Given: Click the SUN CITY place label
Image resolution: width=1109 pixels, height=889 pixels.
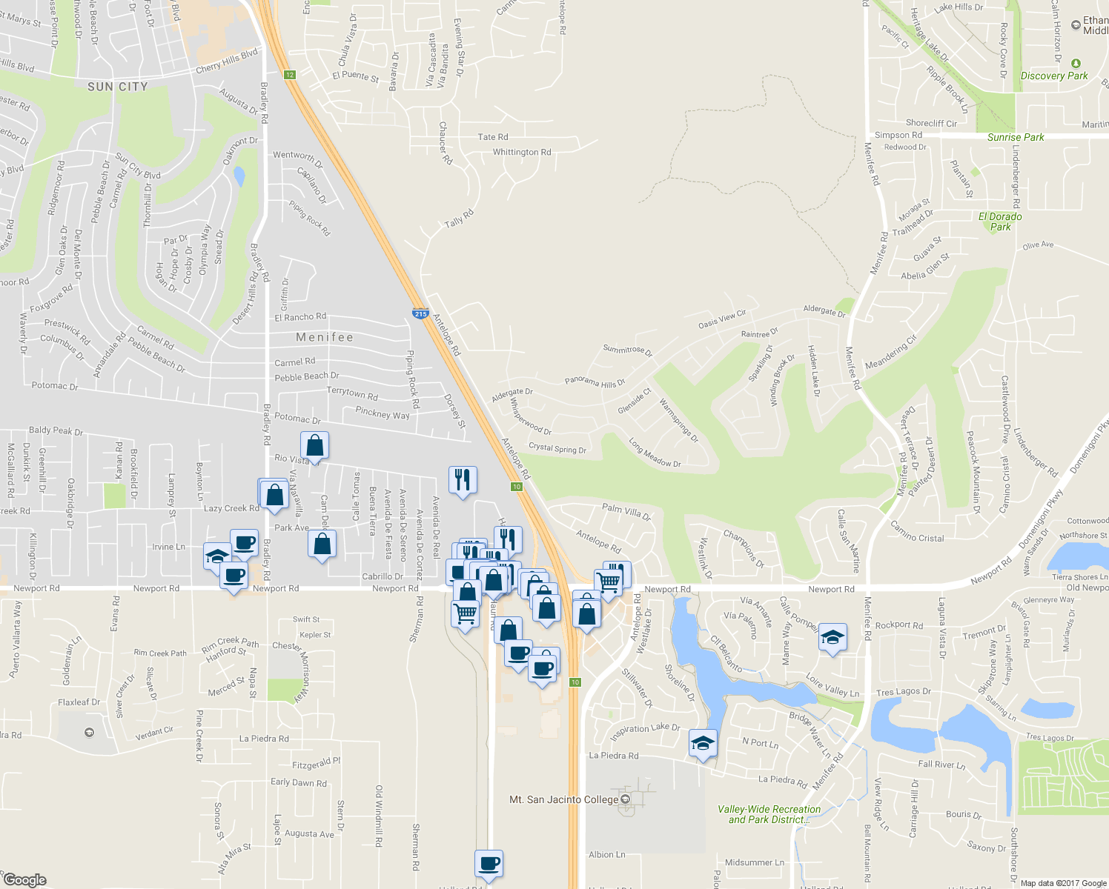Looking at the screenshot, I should coord(117,87).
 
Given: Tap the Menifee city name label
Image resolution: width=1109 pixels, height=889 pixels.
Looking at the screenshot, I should coord(325,337).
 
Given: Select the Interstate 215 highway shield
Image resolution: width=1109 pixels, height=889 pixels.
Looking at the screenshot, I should coord(420,313).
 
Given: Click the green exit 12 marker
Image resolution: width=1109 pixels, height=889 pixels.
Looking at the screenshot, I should coord(289,74).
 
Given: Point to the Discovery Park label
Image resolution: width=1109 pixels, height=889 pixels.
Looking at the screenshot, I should coord(1054,76).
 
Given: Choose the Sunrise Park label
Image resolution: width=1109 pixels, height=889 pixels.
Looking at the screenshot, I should coord(1015,137).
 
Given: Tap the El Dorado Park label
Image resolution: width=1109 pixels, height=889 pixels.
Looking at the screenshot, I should coord(1000,222).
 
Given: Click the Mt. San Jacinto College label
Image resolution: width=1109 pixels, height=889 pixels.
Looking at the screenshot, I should coord(563,799).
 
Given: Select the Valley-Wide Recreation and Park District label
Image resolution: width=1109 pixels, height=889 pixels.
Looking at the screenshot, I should coord(769,814).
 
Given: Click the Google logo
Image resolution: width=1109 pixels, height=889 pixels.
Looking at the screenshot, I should coord(24,879).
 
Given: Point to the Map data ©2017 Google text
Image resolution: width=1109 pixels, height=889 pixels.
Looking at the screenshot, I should coord(1063,883).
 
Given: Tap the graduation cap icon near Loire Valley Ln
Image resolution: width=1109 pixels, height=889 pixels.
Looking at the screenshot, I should coord(832,638).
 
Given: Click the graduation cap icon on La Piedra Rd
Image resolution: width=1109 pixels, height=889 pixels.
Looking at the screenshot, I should coord(702,743).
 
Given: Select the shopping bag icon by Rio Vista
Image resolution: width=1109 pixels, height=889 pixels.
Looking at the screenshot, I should coord(314,446).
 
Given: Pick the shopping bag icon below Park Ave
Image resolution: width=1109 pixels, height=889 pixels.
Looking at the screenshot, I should coord(322,545).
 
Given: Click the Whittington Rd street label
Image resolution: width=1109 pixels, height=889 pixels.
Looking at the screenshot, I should coord(522,152).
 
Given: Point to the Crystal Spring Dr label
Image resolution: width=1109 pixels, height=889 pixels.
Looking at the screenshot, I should coord(557,448).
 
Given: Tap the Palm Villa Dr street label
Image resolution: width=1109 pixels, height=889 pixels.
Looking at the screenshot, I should coord(626,511).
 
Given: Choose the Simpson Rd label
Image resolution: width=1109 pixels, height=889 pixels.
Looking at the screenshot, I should coord(898,135).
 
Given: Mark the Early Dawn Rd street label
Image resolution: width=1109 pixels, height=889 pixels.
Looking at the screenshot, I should coord(298,782).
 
